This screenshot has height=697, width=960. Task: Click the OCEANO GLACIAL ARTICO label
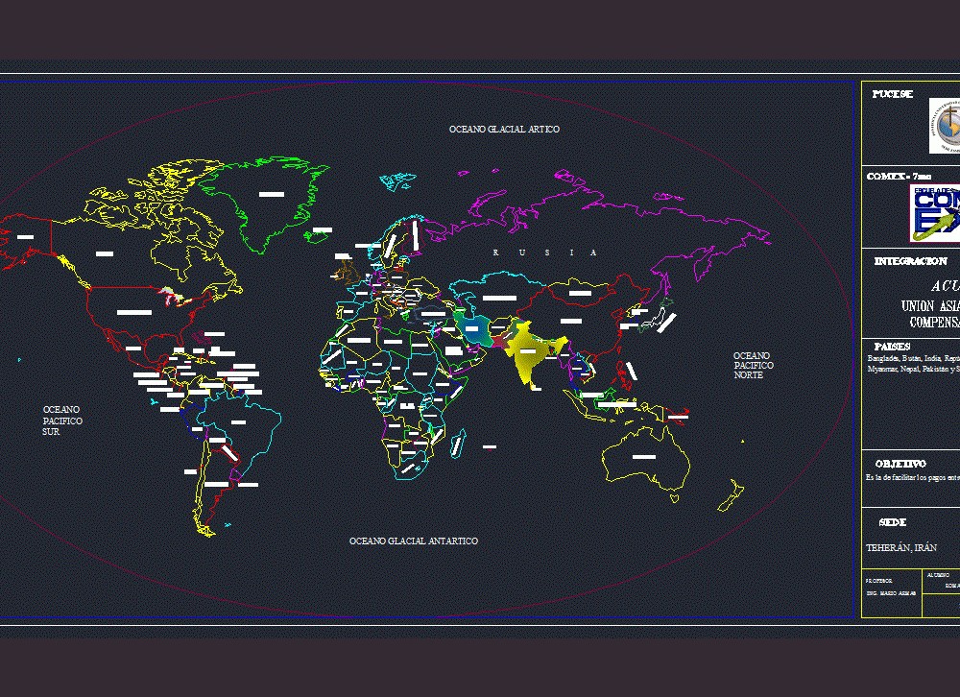[504, 129]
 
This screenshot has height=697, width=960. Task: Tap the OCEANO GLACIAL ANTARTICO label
[413, 541]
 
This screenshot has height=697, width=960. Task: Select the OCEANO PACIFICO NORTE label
[753, 365]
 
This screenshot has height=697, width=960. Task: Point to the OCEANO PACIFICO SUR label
[62, 421]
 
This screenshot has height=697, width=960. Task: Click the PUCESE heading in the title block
[893, 94]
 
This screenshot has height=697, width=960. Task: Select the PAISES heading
[892, 346]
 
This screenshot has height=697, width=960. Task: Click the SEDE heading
[892, 522]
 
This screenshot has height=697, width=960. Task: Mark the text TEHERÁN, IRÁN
[901, 547]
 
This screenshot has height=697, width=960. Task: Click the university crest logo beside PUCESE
[946, 125]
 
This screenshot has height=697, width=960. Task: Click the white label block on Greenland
[272, 194]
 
